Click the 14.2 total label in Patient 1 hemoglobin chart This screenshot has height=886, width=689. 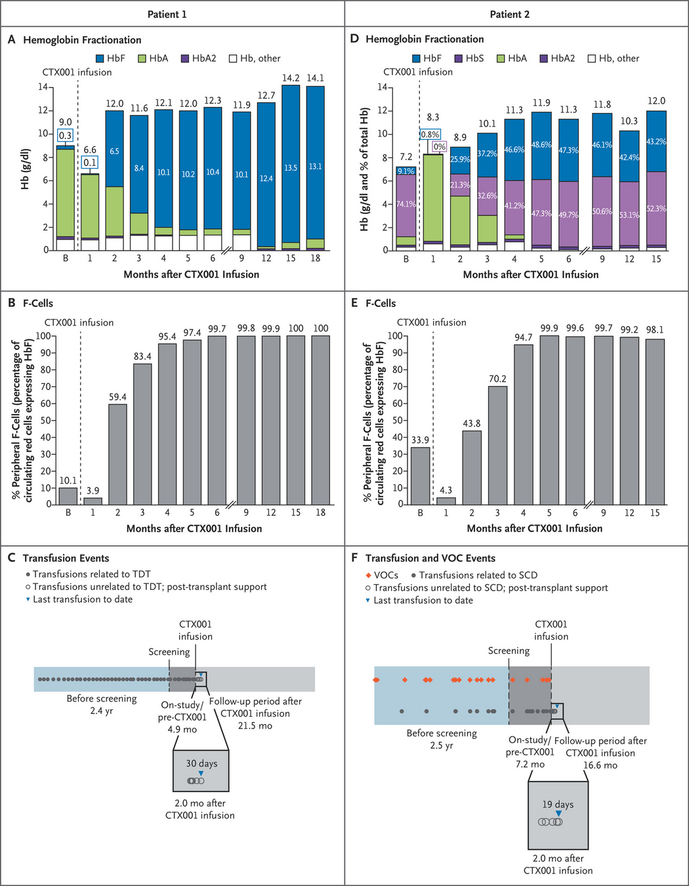291,78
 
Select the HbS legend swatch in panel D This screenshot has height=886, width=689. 459,58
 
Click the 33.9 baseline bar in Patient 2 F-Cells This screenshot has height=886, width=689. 420,476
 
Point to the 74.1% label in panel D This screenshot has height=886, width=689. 406,204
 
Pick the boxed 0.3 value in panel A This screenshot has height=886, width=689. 65,136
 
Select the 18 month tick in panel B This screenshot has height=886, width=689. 320,513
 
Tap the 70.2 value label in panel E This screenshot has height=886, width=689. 497,379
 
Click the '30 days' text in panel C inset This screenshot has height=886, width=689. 201,763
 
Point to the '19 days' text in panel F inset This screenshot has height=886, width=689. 558,804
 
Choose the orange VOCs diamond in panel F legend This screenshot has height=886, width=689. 369,575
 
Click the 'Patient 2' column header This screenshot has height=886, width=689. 509,14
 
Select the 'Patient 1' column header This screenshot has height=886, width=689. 167,14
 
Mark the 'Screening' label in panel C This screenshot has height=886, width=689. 169,652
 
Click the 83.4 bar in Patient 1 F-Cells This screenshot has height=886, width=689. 142,434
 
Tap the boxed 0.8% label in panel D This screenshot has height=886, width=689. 430,135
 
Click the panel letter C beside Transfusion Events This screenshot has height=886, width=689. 11,558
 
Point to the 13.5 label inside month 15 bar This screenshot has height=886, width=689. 291,168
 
